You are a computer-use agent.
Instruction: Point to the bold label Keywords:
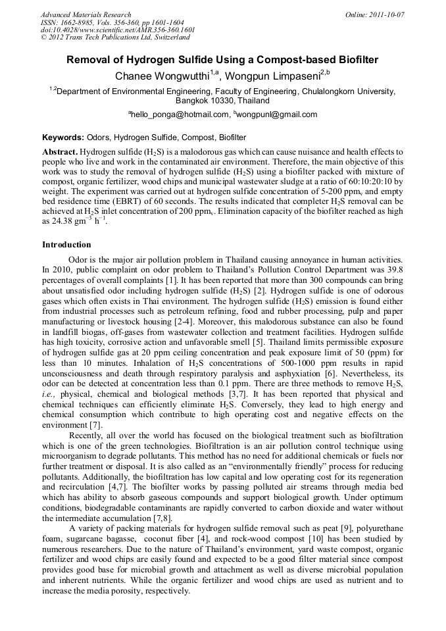click(63, 138)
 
